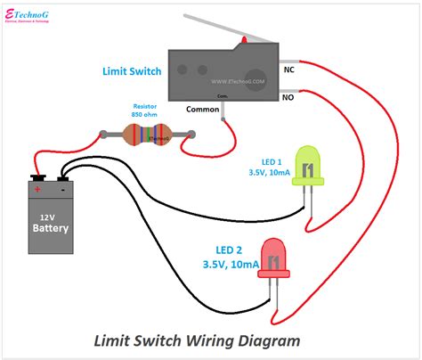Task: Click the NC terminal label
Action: click(289, 69)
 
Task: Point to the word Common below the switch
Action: click(202, 109)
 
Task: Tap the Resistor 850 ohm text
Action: click(147, 109)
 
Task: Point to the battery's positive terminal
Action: click(37, 177)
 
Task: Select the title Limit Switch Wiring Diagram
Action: click(197, 340)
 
